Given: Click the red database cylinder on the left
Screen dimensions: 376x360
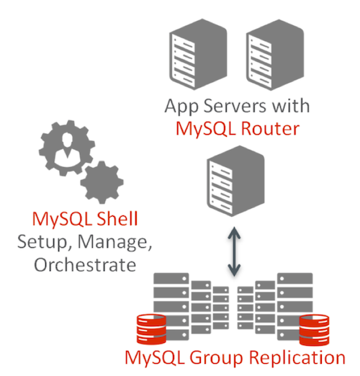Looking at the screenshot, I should pos(140,327).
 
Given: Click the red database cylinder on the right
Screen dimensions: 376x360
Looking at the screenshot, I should pos(316,328).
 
